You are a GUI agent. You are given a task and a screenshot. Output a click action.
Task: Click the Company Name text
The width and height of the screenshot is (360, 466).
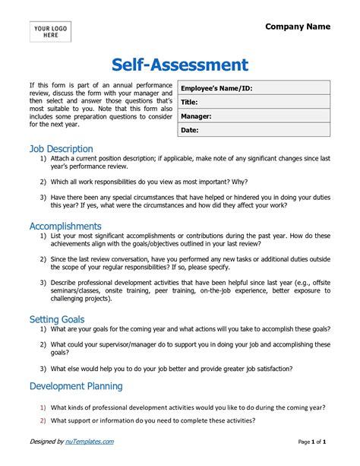298,27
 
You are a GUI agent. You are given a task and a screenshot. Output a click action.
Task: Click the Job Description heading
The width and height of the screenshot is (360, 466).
61,149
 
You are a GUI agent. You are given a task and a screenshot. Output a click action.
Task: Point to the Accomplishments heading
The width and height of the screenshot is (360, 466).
65,226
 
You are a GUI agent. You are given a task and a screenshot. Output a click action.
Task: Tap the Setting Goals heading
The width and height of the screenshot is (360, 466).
57,319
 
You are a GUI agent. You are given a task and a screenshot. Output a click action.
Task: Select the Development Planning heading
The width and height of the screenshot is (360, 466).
76,386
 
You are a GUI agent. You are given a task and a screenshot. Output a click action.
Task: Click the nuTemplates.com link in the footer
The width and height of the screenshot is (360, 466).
90,442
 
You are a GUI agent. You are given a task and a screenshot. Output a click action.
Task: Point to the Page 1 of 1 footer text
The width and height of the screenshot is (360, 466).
312,442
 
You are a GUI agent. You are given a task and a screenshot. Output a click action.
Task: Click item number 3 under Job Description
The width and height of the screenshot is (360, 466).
43,197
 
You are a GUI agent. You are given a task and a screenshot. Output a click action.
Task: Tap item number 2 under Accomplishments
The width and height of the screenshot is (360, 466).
43,259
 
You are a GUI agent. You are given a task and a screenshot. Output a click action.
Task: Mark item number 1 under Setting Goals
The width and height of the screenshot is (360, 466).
43,329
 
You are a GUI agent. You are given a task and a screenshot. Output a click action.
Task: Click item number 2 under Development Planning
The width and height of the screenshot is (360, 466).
43,420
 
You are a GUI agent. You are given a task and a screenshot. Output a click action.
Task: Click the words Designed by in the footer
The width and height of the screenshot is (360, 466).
46,442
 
